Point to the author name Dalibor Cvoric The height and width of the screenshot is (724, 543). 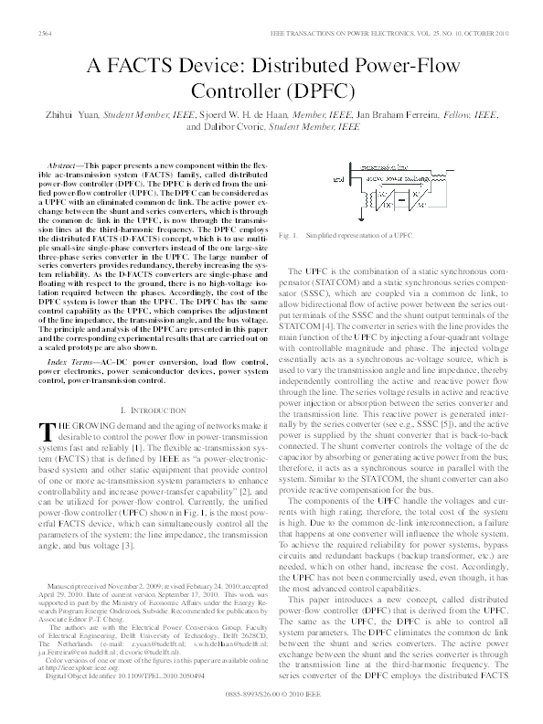[229, 128]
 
